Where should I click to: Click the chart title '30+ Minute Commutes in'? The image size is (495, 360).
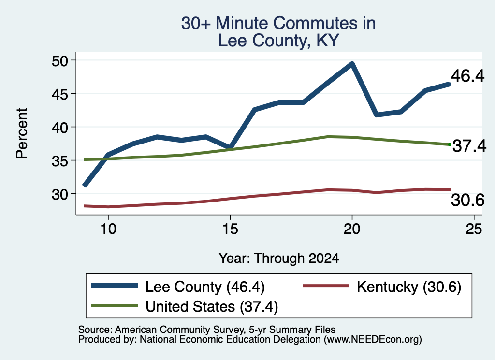point(278,23)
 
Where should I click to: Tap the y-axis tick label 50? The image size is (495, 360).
point(60,61)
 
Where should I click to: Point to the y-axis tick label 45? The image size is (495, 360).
point(60,94)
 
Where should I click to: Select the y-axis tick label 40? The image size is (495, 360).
point(60,128)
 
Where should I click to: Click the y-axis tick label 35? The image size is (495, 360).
point(60,161)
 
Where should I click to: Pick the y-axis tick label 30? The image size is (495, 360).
point(60,194)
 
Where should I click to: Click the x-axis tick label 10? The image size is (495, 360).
point(108,229)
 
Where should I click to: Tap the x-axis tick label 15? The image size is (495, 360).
point(230,229)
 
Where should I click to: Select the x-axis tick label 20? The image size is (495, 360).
point(352,229)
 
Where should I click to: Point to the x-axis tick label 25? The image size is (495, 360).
point(474,229)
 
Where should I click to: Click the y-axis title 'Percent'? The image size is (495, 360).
point(22,133)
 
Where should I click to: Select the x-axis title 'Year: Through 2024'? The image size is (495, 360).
point(279,258)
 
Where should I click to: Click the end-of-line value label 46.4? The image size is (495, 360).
point(467,76)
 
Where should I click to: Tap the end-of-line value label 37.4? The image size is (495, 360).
point(469,146)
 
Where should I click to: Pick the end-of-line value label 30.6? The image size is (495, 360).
point(467,200)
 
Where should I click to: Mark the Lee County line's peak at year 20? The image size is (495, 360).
point(352,64)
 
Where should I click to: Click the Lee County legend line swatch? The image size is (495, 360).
point(114,286)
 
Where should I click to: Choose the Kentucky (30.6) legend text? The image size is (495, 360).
point(409,287)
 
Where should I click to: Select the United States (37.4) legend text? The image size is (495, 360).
point(212,307)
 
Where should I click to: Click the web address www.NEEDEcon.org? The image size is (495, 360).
point(373,340)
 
